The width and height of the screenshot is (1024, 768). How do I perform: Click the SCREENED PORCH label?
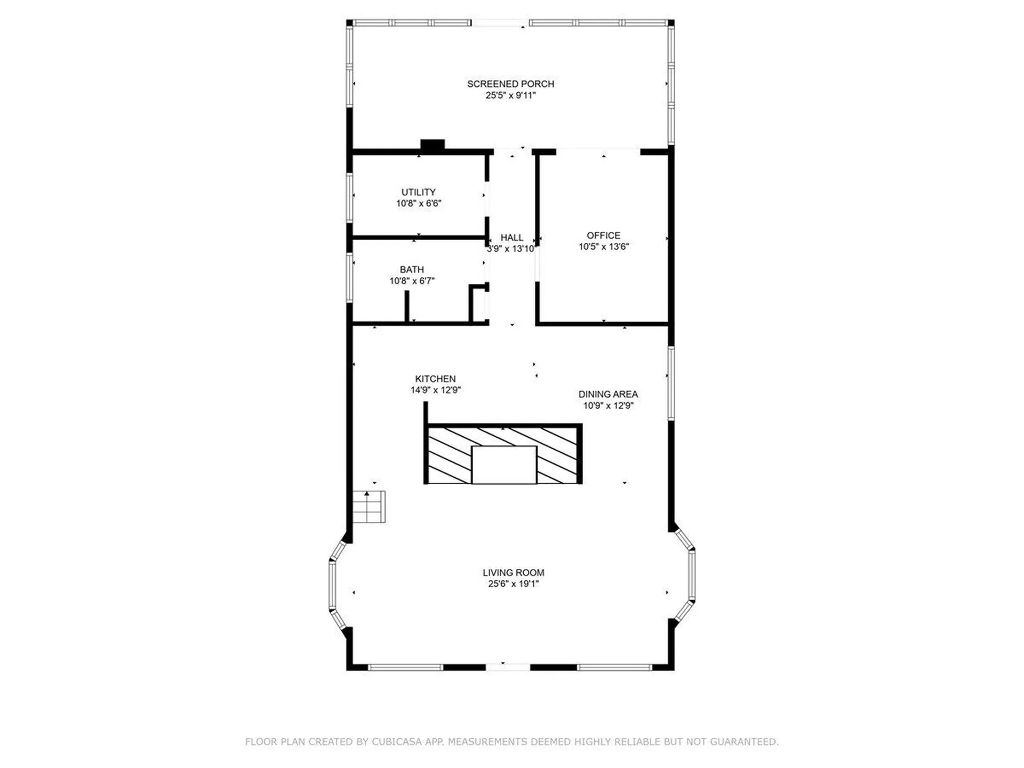click(510, 84)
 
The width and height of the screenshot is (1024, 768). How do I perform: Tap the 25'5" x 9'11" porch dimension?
click(510, 95)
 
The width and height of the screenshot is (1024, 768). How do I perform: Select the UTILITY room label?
click(419, 192)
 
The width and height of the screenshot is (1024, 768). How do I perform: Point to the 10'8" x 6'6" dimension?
click(419, 203)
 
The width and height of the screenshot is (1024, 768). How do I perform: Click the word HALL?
click(512, 237)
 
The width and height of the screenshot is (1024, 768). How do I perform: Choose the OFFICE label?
click(604, 235)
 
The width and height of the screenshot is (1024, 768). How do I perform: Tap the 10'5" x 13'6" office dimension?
click(604, 246)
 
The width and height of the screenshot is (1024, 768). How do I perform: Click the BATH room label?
click(412, 270)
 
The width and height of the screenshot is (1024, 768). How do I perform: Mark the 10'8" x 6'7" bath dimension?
click(412, 281)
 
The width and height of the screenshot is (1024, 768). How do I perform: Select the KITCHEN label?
click(435, 379)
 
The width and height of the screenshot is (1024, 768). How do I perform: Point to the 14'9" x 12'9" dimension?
click(435, 390)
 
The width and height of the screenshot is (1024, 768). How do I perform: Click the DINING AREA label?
click(608, 394)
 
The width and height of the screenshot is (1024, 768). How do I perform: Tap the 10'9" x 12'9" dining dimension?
click(608, 405)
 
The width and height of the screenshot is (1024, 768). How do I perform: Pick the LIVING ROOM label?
click(514, 572)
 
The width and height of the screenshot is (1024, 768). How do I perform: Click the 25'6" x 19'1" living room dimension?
click(514, 583)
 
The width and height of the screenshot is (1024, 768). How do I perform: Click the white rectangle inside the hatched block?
click(504, 465)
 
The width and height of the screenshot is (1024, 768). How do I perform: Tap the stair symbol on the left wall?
click(369, 507)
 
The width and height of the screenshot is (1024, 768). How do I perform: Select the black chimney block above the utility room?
click(433, 145)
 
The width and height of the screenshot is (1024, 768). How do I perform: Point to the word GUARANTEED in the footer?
click(744, 741)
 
